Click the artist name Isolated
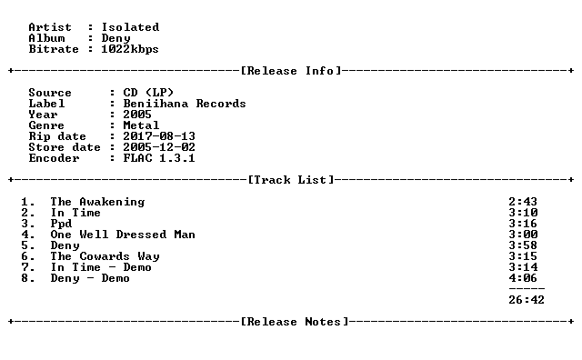coord(130,27)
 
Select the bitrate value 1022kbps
coord(130,49)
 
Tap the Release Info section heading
coord(291,71)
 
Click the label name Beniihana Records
coord(185,104)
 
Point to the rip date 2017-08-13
coord(159,136)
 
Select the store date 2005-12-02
coord(159,147)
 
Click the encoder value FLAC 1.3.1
coord(159,158)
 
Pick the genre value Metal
coord(141,125)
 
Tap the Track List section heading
coord(291,180)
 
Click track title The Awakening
coord(97,202)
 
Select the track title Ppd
coord(61,224)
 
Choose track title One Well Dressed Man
coord(123,235)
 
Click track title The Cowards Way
coord(105,256)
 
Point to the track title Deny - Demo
coord(90,278)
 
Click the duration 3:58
coord(523,245)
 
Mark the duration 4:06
coord(523,278)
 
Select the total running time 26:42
coord(527,300)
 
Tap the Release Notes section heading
coord(295,322)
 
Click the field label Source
coord(50,93)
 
